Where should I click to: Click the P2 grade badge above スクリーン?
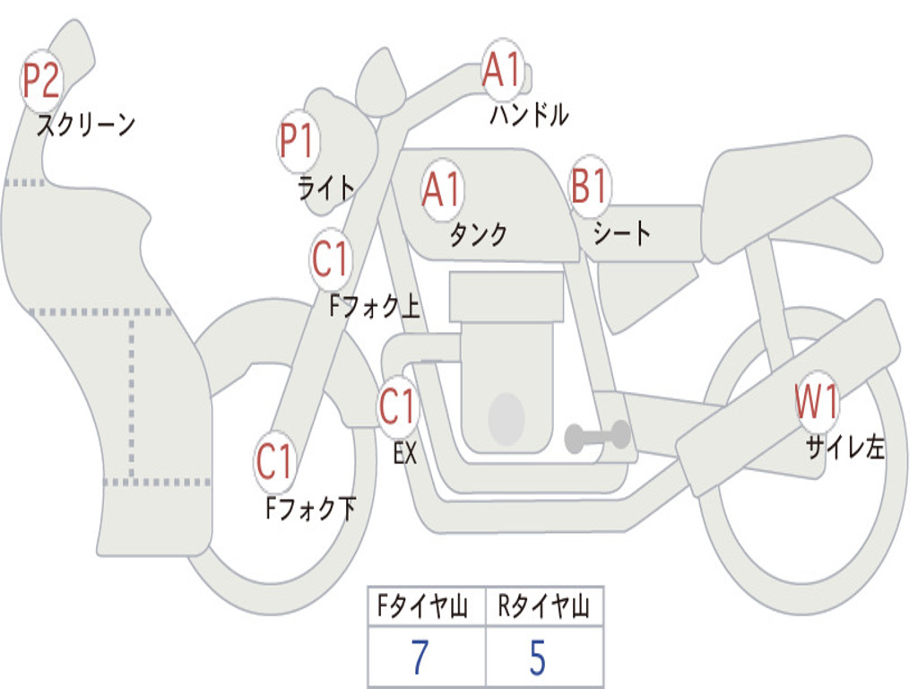click(41, 82)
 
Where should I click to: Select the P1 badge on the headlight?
click(299, 142)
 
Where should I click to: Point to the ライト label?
click(326, 188)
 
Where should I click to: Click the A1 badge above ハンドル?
click(502, 70)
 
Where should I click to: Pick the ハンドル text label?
click(529, 114)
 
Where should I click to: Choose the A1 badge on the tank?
click(442, 189)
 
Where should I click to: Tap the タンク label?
click(478, 234)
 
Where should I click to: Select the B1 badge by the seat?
click(590, 188)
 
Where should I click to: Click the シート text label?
click(622, 234)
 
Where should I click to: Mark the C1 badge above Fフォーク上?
click(331, 260)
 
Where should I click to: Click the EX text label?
click(405, 454)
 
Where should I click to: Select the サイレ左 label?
click(844, 447)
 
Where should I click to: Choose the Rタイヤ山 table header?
click(543, 608)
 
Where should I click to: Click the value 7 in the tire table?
click(420, 658)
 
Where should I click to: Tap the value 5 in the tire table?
click(537, 658)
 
